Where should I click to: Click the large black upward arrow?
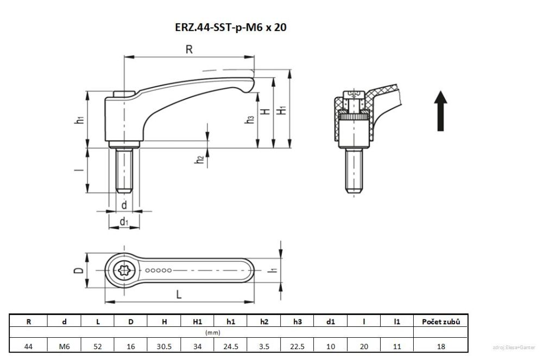(x=441, y=111)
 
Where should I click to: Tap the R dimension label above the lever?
(x=189, y=49)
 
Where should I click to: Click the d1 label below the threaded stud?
(x=124, y=221)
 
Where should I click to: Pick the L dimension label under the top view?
(x=179, y=294)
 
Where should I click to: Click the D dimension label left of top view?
(x=78, y=270)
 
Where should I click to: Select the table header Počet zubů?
(x=440, y=321)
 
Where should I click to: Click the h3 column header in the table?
(x=297, y=321)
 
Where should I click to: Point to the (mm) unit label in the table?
(x=212, y=332)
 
